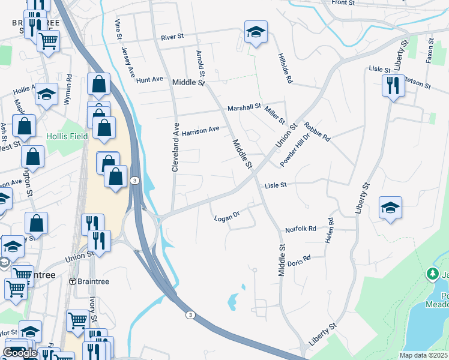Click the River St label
coord(172,37)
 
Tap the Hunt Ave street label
coord(149,79)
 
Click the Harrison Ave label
coord(200,130)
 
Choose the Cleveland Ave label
coord(176,148)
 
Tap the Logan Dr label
coord(227,218)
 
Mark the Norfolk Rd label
coord(300,229)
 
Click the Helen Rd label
coord(329,230)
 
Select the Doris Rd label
coord(298,261)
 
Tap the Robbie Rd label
coord(317,131)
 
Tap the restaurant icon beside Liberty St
coord(393,85)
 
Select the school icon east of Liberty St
coord(390,208)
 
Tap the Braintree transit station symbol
coord(73,281)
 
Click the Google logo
coord(20,353)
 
